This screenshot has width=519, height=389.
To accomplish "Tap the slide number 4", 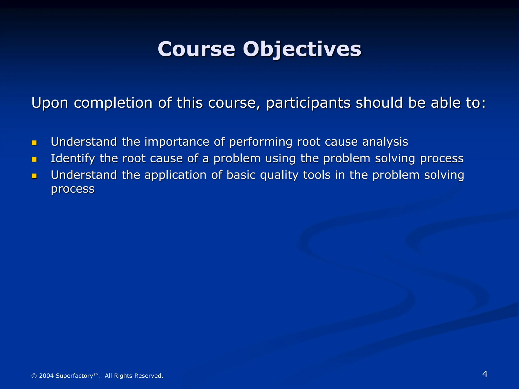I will pos(485,374).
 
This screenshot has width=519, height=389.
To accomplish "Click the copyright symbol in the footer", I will pos(34,376).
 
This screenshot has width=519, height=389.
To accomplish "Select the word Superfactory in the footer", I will pos(74,376).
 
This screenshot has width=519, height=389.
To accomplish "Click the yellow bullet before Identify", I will pos(34,159).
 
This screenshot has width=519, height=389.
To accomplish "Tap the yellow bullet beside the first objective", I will pos(34,143).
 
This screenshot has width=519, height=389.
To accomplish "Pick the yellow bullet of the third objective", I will pos(34,176).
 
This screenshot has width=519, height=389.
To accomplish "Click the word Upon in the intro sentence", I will pos(50,103).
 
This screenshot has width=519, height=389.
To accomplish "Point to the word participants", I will pos(308,103).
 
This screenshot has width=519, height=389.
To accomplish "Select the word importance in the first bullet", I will pos(177,142).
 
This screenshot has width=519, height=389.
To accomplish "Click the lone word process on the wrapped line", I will pos(73,189).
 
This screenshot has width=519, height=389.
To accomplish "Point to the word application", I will pos(175,175).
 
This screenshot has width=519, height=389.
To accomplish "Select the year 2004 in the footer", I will pos(46,376).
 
